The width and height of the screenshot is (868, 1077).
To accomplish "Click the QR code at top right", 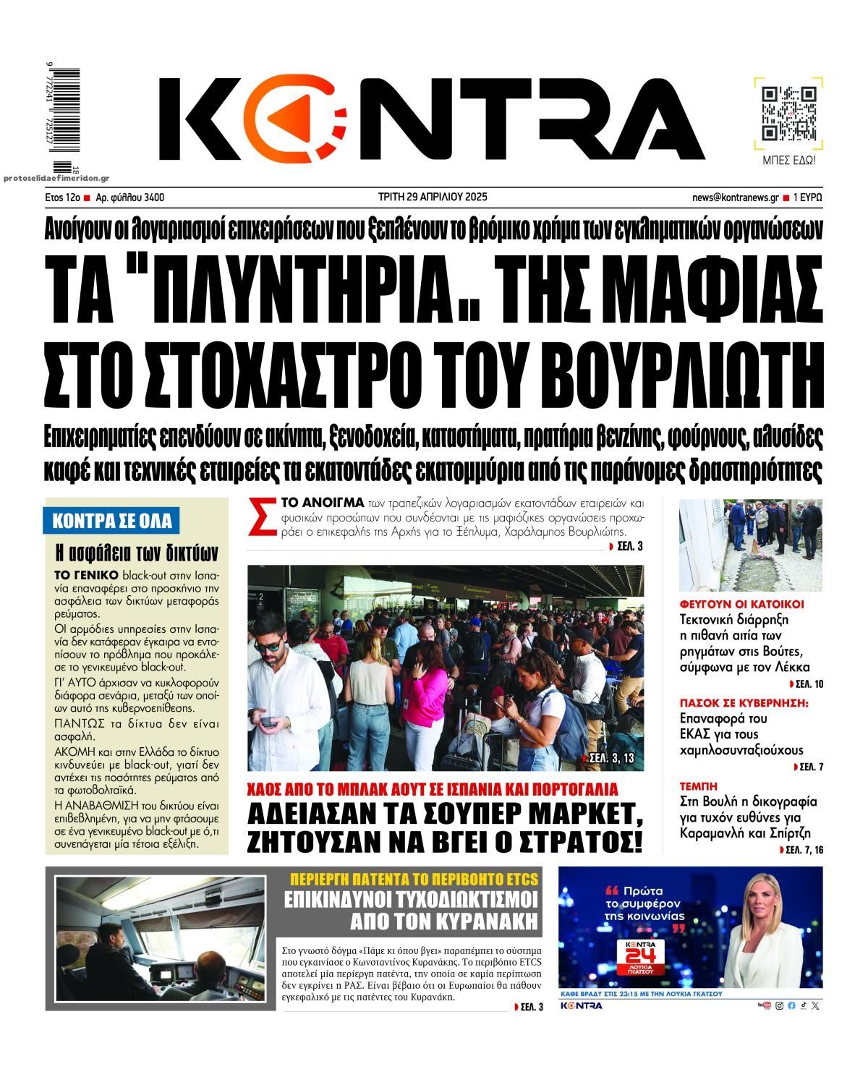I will [789, 113].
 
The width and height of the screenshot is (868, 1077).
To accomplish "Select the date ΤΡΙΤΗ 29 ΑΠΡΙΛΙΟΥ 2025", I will [433, 197].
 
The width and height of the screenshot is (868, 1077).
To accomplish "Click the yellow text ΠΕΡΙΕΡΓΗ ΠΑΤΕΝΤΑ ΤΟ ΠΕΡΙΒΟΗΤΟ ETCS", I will [414, 879].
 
